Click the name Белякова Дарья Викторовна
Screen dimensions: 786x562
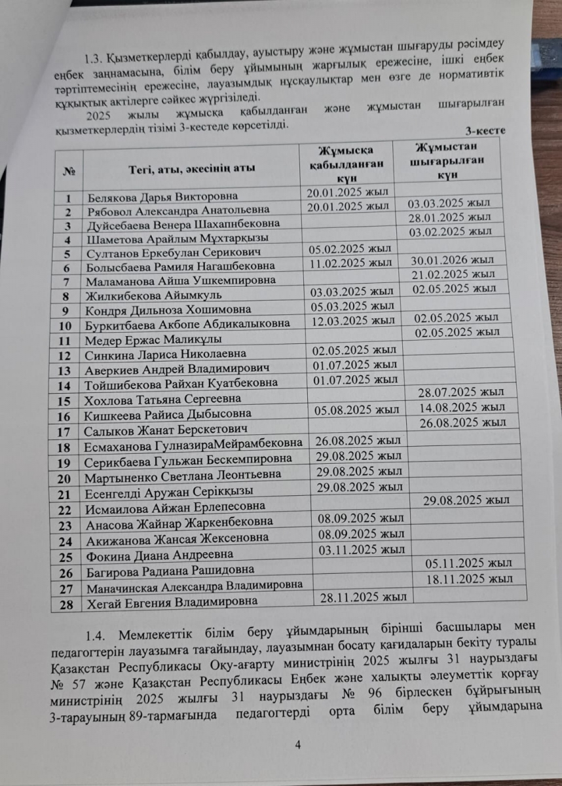(162, 196)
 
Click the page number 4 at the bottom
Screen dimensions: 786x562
(298, 744)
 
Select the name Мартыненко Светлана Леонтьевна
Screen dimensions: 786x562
(183, 474)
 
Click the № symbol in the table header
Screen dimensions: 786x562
(67, 170)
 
